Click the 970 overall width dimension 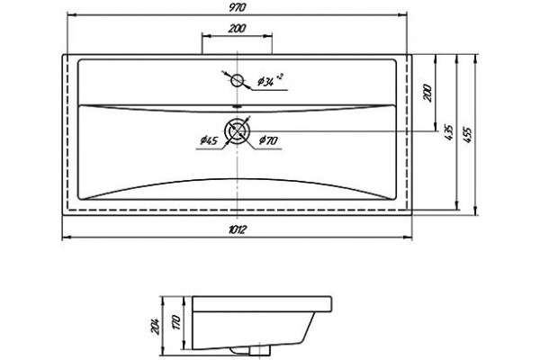pos(238,8)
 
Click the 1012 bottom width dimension pos(237,229)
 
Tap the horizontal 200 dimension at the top pos(237,28)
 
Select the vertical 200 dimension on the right pos(427,93)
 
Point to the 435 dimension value pos(449,132)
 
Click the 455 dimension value pos(466,135)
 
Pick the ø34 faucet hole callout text pos(265,81)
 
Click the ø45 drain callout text pos(209,140)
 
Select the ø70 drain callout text pos(268,139)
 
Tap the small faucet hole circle pos(237,81)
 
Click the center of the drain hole pos(238,130)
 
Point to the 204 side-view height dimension pos(157,326)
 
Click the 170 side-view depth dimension pos(176,322)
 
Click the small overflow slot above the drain pos(237,106)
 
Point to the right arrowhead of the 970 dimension pos(403,14)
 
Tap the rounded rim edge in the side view pos(330,304)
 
